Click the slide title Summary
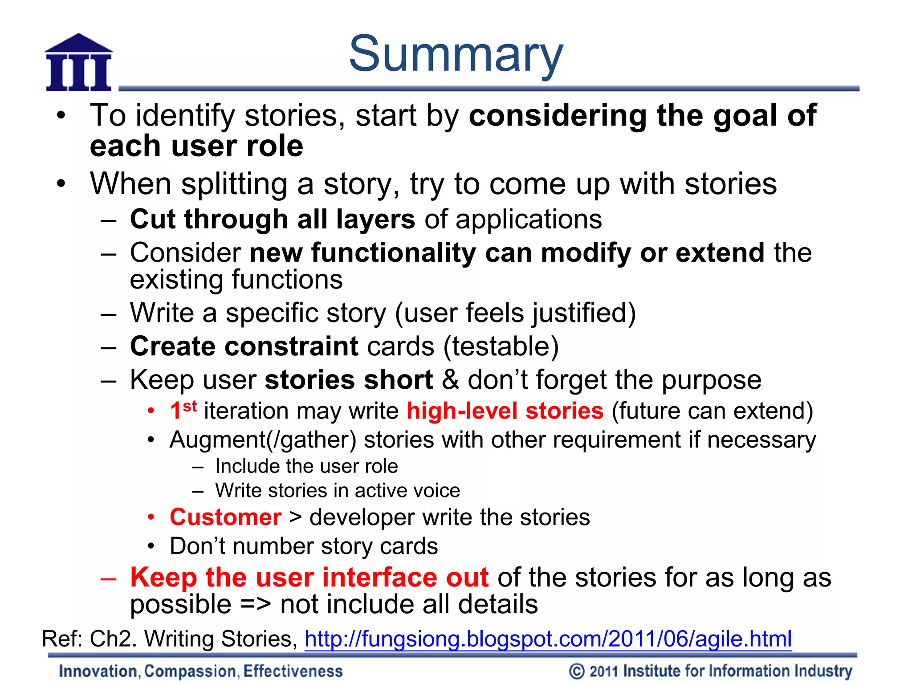[456, 54]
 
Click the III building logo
[79, 63]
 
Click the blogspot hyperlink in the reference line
[548, 639]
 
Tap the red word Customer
[225, 517]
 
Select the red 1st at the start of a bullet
[183, 410]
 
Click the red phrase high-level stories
[505, 411]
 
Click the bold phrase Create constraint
[244, 346]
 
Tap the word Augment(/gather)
[263, 440]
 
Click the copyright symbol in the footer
[577, 671]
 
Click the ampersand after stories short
[450, 380]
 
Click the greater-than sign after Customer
[295, 517]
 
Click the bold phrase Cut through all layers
[273, 220]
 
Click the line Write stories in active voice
[338, 491]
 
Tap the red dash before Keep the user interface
[108, 578]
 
